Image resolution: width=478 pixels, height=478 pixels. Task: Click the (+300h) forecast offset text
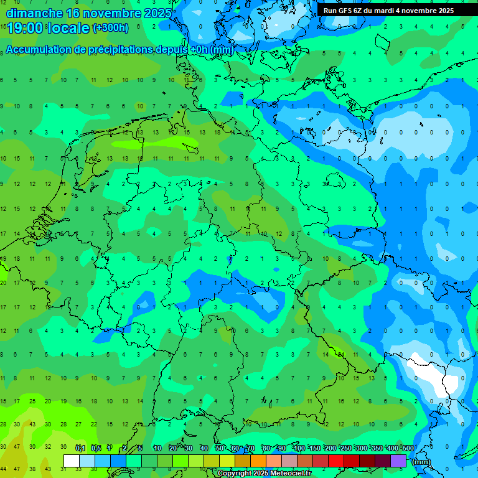(110, 27)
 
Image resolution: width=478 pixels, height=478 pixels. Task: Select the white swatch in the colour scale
(72, 461)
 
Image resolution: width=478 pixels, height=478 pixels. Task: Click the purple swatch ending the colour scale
(398, 461)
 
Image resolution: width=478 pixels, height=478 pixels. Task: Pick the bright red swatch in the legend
(336, 461)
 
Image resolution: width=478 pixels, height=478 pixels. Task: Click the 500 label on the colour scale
(408, 448)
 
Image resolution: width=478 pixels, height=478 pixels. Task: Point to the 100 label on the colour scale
(299, 448)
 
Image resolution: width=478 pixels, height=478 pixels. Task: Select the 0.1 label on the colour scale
(80, 448)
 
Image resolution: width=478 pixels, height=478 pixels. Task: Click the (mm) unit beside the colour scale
(421, 462)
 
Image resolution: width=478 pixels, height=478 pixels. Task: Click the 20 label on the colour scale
(172, 448)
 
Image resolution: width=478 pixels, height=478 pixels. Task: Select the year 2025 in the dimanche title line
(157, 13)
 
